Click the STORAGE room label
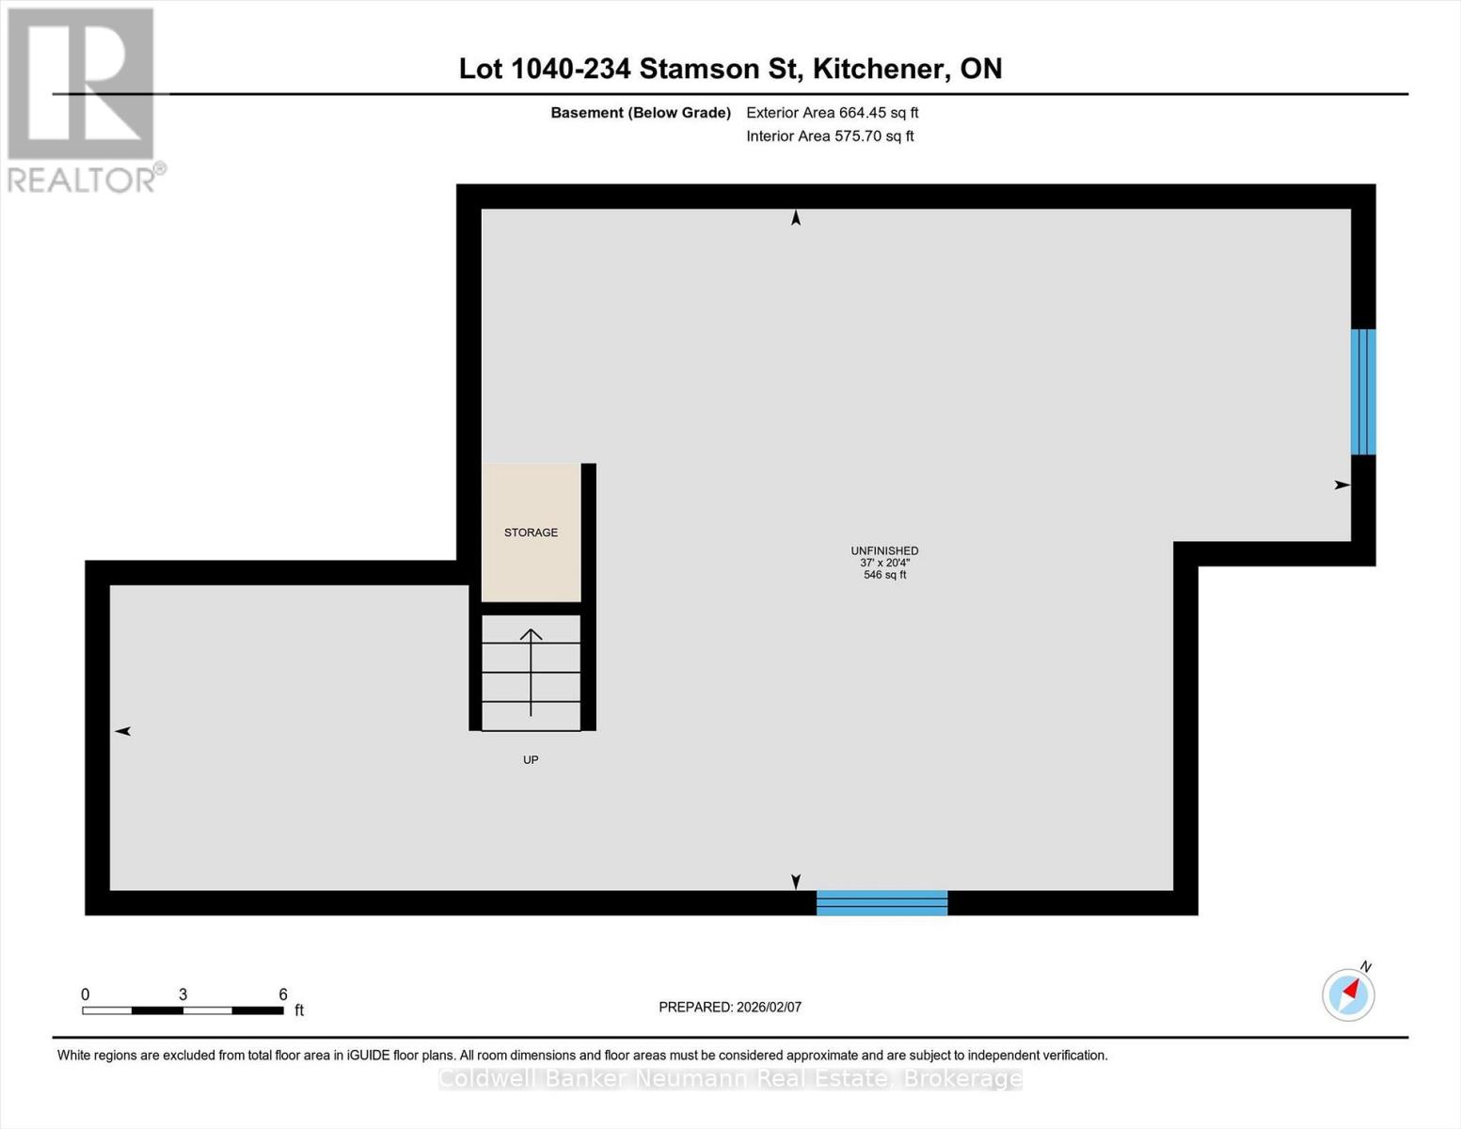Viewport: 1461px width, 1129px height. tap(531, 533)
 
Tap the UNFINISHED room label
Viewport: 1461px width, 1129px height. tap(884, 550)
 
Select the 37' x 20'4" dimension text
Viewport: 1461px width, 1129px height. tap(884, 563)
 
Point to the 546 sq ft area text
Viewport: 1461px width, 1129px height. tap(884, 575)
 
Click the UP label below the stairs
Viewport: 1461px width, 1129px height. tap(531, 759)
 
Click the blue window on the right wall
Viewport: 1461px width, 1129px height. tap(1363, 392)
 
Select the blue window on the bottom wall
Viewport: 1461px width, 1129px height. tap(881, 902)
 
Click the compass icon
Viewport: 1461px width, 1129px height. tap(1348, 994)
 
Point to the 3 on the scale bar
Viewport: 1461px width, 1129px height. tap(183, 994)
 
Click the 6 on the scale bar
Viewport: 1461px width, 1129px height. tap(282, 994)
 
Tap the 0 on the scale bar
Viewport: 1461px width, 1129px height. tap(86, 994)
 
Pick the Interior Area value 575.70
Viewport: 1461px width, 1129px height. tap(860, 136)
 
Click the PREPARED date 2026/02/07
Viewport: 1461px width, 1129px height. tap(769, 1007)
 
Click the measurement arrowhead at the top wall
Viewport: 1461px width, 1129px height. tap(796, 218)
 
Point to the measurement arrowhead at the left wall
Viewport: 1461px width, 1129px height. tap(122, 731)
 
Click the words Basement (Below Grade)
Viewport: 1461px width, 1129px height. tap(641, 113)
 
